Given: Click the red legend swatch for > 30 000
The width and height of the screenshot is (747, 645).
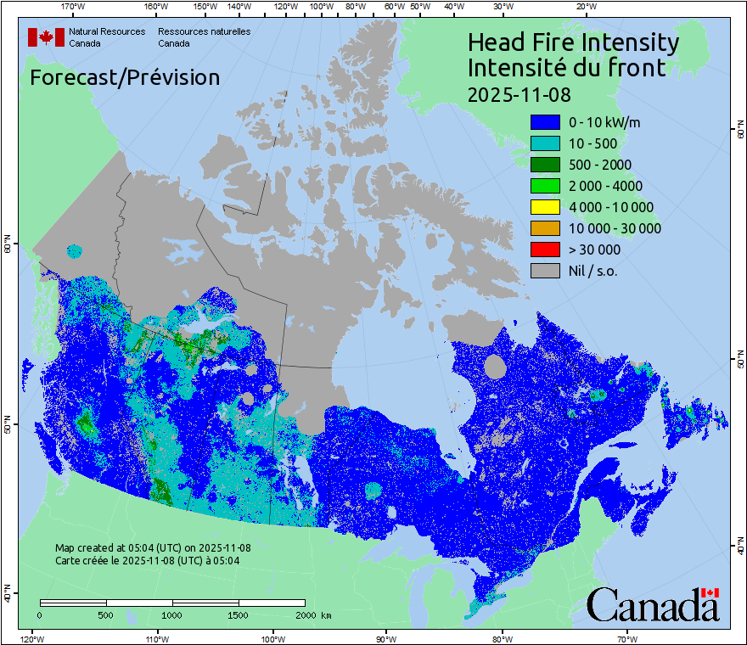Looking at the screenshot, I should (x=545, y=250).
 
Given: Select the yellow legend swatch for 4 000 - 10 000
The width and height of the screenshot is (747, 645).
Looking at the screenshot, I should (x=545, y=207).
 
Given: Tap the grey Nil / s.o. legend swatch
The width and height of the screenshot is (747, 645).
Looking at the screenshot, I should (x=545, y=271).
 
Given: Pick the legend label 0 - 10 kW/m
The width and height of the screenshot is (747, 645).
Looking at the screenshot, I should (x=604, y=122).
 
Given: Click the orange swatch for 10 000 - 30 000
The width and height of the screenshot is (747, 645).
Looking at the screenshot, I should (x=545, y=228).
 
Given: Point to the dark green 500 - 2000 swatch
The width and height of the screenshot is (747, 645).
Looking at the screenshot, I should (x=545, y=165).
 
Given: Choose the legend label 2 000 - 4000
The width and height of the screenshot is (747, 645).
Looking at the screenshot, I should (x=605, y=186).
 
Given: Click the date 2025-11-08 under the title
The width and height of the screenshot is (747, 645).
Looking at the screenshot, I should (x=519, y=92).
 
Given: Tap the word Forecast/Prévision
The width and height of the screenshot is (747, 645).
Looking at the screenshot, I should (x=125, y=77).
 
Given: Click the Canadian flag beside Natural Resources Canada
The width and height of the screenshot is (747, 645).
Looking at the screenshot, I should (x=46, y=37).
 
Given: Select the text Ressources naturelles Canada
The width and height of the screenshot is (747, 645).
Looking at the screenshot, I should (x=204, y=37).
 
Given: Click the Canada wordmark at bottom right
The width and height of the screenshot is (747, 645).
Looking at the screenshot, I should (x=653, y=605).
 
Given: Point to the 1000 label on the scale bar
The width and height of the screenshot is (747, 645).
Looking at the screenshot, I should (x=172, y=614).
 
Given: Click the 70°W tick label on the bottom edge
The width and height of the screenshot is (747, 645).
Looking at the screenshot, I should (x=626, y=638).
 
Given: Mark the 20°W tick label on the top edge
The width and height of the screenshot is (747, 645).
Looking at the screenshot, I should (x=584, y=7).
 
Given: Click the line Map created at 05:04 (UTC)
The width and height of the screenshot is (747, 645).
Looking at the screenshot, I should (x=153, y=548).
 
